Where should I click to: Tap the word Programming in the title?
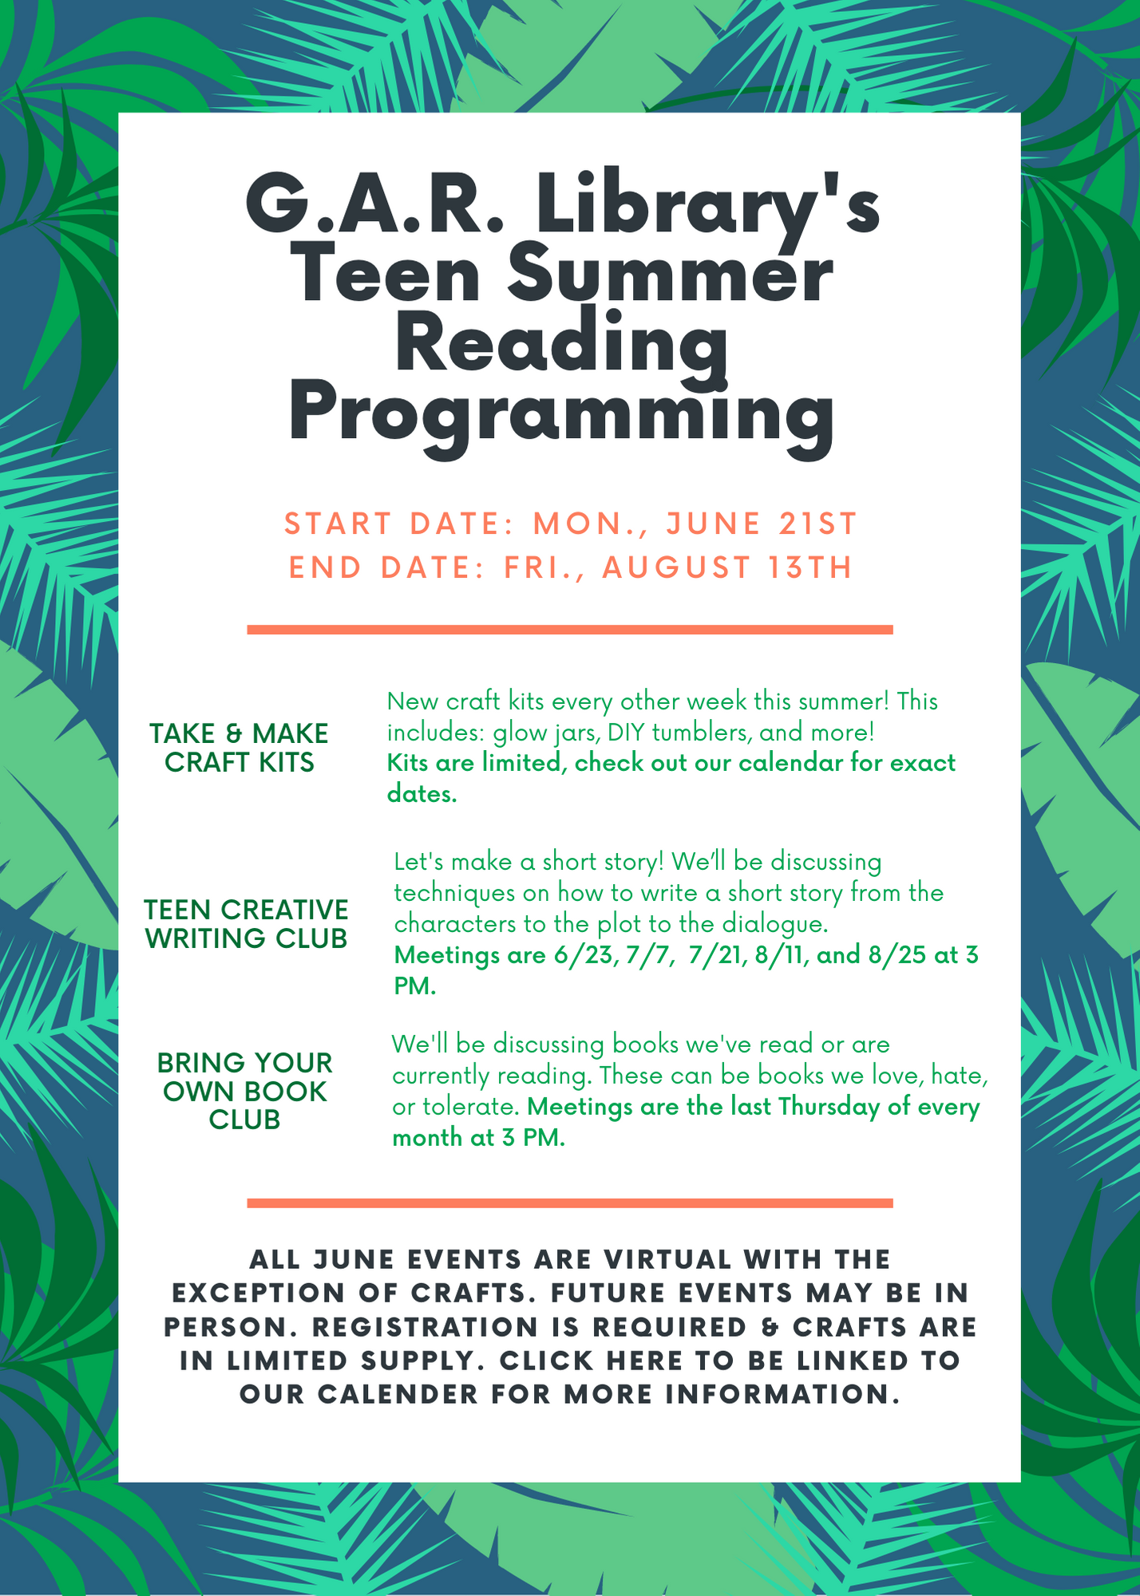point(562,416)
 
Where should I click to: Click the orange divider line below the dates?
point(570,630)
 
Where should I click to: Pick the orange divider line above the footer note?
point(570,1203)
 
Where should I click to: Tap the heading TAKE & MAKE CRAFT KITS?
point(239,748)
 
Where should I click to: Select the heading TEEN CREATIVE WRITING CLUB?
point(247,923)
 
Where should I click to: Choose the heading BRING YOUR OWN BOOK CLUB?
point(245,1091)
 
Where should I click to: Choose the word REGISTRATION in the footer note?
point(425,1327)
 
